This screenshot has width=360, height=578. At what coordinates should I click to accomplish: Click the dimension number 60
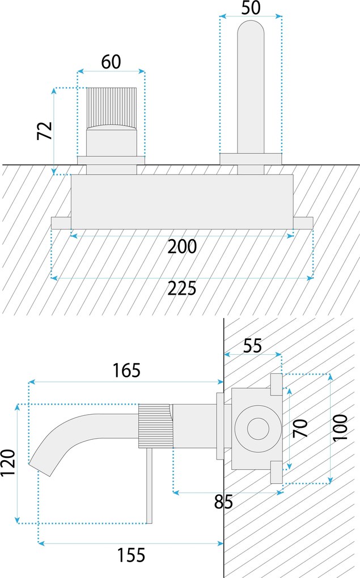pyautogui.click(x=111, y=62)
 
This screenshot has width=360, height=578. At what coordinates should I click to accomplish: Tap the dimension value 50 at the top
pyautogui.click(x=250, y=8)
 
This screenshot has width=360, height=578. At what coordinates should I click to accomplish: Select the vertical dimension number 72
pyautogui.click(x=45, y=131)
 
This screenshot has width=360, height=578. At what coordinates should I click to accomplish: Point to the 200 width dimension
pyautogui.click(x=182, y=247)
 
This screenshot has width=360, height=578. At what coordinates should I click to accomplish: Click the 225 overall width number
pyautogui.click(x=182, y=288)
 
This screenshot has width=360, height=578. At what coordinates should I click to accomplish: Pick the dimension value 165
pyautogui.click(x=126, y=371)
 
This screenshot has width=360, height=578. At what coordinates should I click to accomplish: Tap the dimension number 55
pyautogui.click(x=252, y=345)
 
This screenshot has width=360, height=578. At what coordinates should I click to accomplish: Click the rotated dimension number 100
pyautogui.click(x=340, y=429)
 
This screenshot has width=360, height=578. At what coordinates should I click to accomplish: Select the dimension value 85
pyautogui.click(x=224, y=502)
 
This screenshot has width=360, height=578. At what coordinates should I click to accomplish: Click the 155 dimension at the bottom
pyautogui.click(x=131, y=555)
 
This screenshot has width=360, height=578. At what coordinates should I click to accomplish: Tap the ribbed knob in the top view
pyautogui.click(x=111, y=108)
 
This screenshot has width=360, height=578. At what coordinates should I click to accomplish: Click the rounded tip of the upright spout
pyautogui.click(x=250, y=28)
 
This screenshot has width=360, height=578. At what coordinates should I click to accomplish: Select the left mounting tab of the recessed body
pyautogui.click(x=61, y=223)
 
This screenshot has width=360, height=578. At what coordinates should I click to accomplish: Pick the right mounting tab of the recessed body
pyautogui.click(x=303, y=223)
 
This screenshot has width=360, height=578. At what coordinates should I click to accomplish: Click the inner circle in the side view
pyautogui.click(x=258, y=429)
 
